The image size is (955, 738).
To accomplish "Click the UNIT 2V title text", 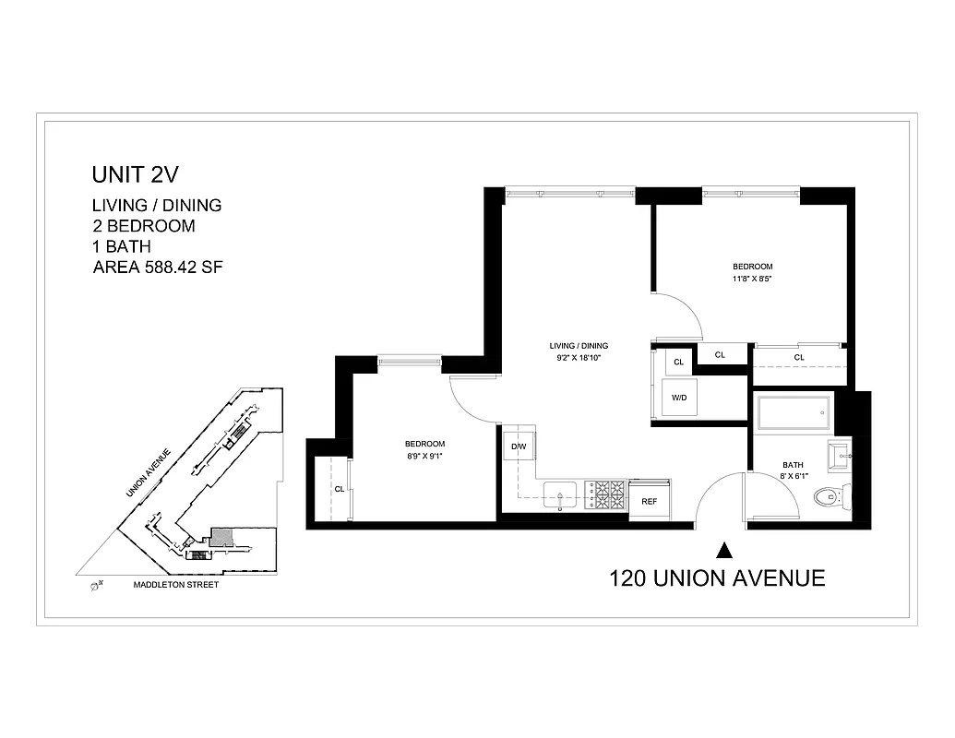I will click(x=133, y=174).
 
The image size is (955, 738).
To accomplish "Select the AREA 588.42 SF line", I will click(x=159, y=268).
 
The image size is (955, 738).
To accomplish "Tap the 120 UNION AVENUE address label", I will click(x=716, y=578).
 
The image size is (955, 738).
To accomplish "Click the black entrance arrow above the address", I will click(x=725, y=551).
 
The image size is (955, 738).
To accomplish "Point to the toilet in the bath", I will click(x=832, y=498).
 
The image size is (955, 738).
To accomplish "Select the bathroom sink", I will click(x=841, y=454).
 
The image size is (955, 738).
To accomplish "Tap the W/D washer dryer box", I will click(x=679, y=399).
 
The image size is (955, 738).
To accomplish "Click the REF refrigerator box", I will click(x=650, y=501).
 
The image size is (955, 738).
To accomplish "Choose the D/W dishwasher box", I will click(x=519, y=447).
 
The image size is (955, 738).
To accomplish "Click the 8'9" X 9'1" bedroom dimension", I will click(x=425, y=454).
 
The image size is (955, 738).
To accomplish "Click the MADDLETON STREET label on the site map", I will click(x=175, y=585).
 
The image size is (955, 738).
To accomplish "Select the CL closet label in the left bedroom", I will click(x=340, y=489).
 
